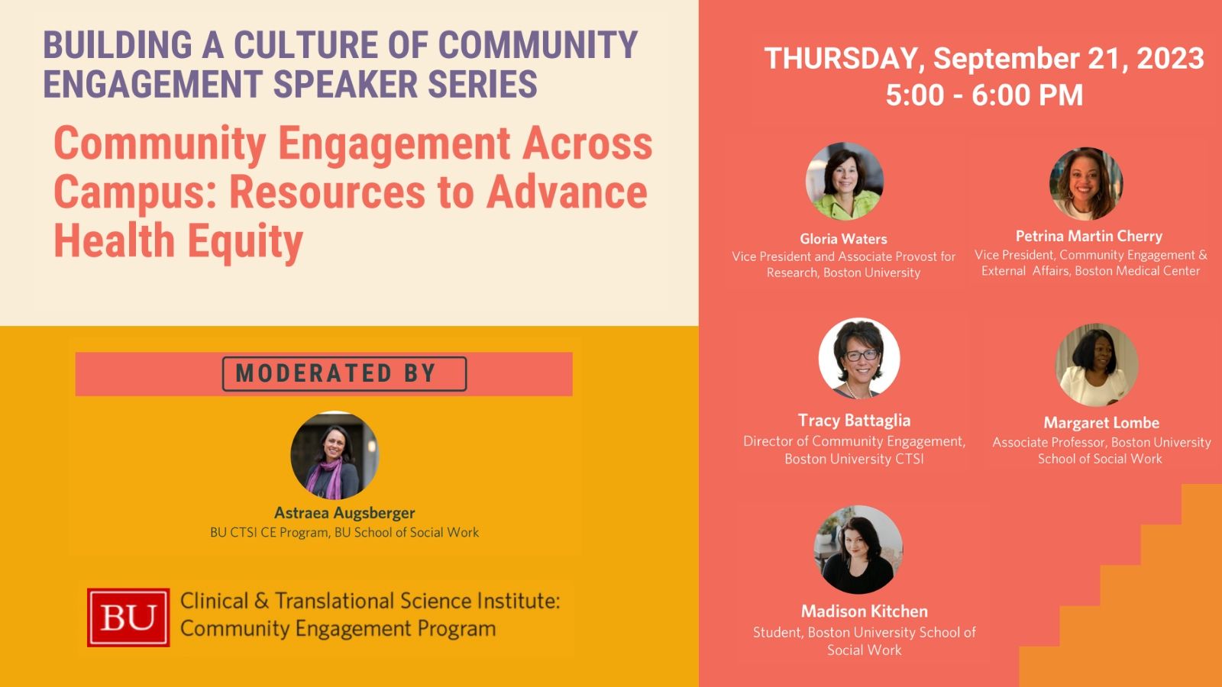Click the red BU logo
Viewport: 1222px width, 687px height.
[x=128, y=618]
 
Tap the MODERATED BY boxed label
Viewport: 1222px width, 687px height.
[x=344, y=373]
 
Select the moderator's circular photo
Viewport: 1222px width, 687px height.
[x=335, y=455]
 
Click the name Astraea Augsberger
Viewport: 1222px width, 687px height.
[x=344, y=513]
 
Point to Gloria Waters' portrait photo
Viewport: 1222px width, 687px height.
[x=845, y=181]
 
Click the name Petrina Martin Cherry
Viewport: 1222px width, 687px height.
[x=1089, y=236]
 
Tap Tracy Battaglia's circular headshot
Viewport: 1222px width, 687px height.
[x=859, y=358]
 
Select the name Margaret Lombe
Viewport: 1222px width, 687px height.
[x=1101, y=423]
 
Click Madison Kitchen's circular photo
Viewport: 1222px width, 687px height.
[x=858, y=550]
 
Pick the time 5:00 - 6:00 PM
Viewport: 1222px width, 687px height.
[x=984, y=95]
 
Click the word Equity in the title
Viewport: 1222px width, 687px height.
[x=245, y=241]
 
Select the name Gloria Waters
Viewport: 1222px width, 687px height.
[x=843, y=239]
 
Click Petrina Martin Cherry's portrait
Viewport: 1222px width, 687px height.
[x=1086, y=184]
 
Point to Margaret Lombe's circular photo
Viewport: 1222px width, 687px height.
[x=1097, y=365]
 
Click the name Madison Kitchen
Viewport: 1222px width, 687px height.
[x=864, y=611]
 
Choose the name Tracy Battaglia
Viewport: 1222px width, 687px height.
[x=854, y=421]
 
